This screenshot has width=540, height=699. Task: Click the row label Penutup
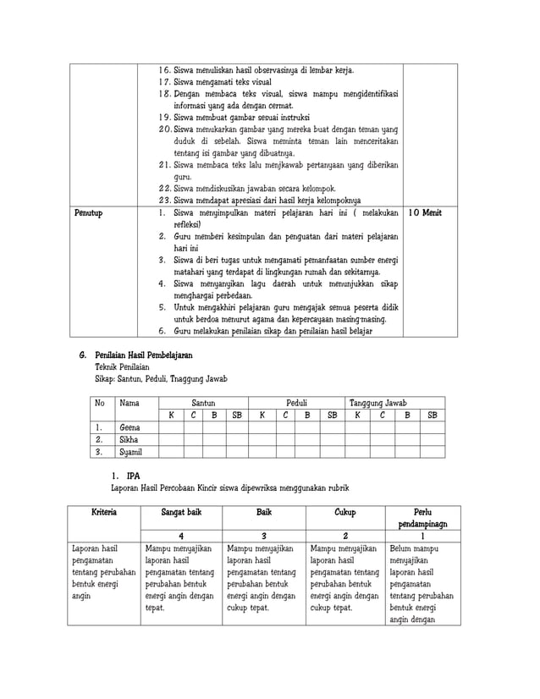tap(89, 214)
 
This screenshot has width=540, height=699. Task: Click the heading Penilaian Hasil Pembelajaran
tap(144, 355)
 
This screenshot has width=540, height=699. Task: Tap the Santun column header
tap(203, 403)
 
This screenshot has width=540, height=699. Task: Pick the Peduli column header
tap(297, 403)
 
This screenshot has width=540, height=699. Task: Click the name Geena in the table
tap(130, 427)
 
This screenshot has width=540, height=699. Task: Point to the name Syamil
tap(131, 453)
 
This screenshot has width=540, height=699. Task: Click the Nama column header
tap(129, 403)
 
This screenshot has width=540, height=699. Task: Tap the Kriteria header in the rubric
tap(104, 513)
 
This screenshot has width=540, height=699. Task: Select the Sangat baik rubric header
tap(181, 513)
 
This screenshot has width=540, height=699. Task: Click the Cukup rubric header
tap(344, 513)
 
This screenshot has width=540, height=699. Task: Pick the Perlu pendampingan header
tap(422, 518)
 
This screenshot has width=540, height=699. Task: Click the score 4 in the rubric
tap(181, 537)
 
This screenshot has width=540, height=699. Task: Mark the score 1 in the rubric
tap(422, 537)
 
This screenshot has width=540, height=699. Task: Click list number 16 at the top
tap(165, 70)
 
